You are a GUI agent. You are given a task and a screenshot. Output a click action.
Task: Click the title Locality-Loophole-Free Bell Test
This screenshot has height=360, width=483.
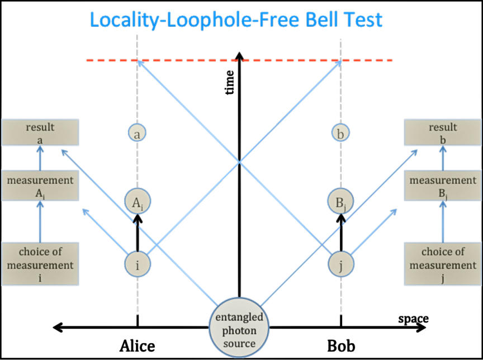point(236,20)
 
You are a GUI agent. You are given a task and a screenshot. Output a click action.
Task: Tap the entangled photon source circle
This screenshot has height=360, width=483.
point(239,329)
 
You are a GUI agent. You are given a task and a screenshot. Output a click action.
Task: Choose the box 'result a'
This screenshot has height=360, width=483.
point(40,134)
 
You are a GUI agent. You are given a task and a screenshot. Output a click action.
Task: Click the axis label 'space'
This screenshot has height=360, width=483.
point(413,319)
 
